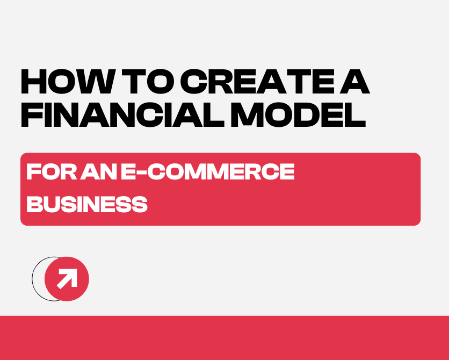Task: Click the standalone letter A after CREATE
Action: [x=355, y=83]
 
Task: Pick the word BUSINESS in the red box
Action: [x=87, y=204]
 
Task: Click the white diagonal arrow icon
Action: [x=67, y=279]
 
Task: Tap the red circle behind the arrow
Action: [x=78, y=290]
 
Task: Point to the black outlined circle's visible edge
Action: [x=33, y=279]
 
